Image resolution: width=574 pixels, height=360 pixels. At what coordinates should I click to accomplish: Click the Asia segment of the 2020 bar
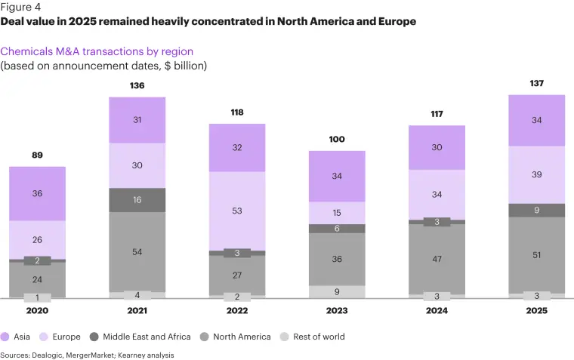[37, 193]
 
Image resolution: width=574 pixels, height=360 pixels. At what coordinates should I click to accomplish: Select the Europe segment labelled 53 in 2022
[237, 211]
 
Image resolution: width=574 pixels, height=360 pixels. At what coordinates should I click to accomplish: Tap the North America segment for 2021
[137, 251]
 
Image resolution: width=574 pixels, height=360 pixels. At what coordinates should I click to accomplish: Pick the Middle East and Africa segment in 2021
[137, 200]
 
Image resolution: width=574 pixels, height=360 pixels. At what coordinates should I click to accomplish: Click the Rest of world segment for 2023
[337, 291]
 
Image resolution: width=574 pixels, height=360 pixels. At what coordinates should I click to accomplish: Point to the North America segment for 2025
[536, 255]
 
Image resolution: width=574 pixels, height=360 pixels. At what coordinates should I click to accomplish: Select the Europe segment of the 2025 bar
[536, 174]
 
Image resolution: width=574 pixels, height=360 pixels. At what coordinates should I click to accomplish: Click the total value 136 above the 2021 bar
[137, 86]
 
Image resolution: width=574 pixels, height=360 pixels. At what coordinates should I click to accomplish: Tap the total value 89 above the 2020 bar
[37, 155]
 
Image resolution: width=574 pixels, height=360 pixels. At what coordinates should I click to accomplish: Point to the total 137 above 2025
[536, 84]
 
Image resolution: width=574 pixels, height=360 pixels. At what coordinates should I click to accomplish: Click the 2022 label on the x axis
[237, 310]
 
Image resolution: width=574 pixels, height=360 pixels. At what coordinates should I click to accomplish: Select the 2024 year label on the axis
[437, 310]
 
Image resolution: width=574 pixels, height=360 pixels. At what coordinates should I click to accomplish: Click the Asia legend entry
[17, 337]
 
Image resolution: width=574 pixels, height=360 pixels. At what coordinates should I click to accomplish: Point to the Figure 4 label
[20, 8]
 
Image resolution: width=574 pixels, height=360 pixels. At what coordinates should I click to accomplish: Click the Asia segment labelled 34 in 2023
[337, 177]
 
